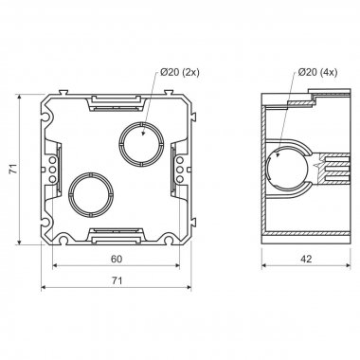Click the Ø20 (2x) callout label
pyautogui.click(x=180, y=72)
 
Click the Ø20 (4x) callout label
pyautogui.click(x=317, y=72)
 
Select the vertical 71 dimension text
pyautogui.click(x=13, y=169)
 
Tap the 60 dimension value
pyautogui.click(x=117, y=259)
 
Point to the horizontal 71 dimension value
pyautogui.click(x=117, y=280)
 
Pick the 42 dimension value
pyautogui.click(x=306, y=259)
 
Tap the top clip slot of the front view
pyautogui.click(x=116, y=103)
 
